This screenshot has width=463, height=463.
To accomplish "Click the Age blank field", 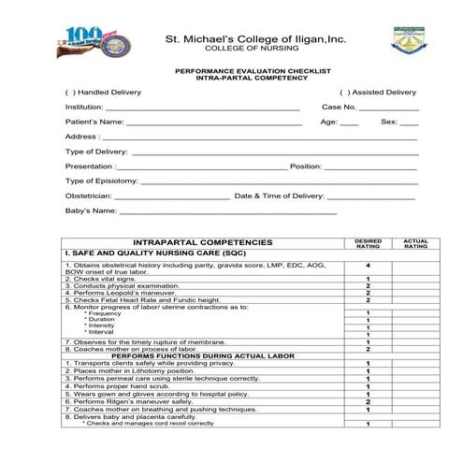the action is point(348,123).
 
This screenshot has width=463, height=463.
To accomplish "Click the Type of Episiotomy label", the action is point(102,181).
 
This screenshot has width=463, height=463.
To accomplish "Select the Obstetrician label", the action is point(89,196).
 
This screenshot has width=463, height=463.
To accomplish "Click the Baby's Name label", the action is point(90,211).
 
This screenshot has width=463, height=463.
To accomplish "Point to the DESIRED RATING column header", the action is point(369,243).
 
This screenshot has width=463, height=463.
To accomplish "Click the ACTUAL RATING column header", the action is point(415,243).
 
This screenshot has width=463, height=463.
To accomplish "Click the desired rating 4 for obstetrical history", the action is point(369,266).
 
